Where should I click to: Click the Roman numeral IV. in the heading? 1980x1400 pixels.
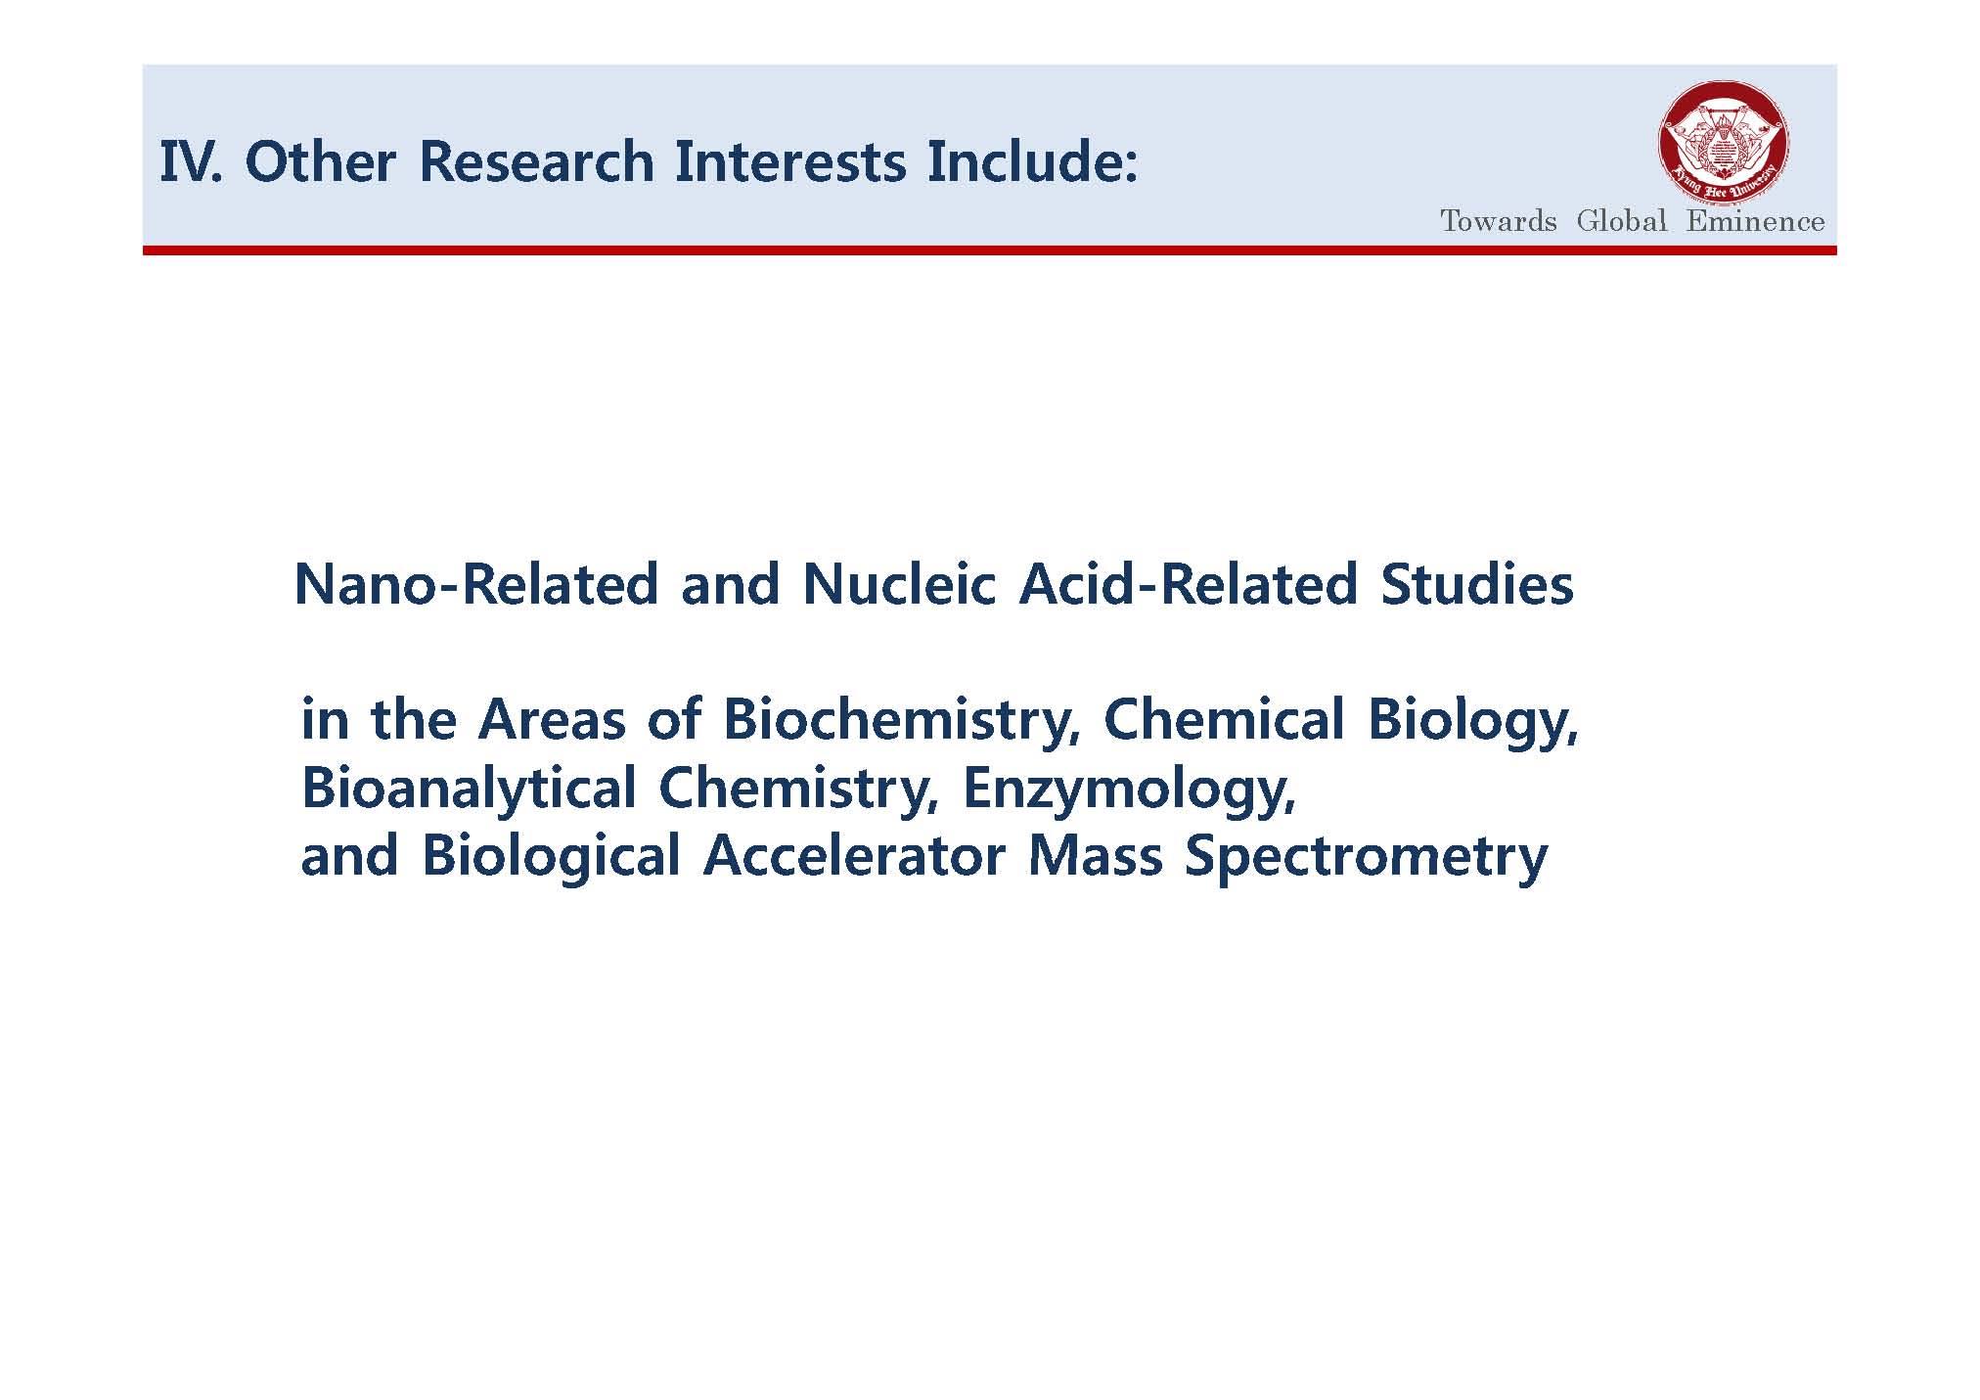tap(192, 161)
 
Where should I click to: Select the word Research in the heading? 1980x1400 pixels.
tap(536, 161)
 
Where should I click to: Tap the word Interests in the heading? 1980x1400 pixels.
tap(790, 161)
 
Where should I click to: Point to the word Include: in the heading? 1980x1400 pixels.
tap(1033, 161)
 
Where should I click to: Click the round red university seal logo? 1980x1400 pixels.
tap(1724, 143)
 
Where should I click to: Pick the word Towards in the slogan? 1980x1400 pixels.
tap(1498, 221)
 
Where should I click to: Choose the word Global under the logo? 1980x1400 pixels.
tap(1621, 221)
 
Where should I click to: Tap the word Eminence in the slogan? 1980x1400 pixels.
tap(1755, 221)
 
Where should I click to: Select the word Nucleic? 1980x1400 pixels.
tap(899, 584)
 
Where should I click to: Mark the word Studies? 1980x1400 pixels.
tap(1477, 584)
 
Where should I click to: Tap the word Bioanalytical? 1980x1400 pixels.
tap(469, 789)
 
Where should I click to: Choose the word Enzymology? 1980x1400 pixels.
tap(1129, 789)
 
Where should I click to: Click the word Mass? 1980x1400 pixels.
tap(1096, 856)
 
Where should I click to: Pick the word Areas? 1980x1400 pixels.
tap(551, 720)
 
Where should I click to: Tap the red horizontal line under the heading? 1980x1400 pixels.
tap(989, 250)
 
